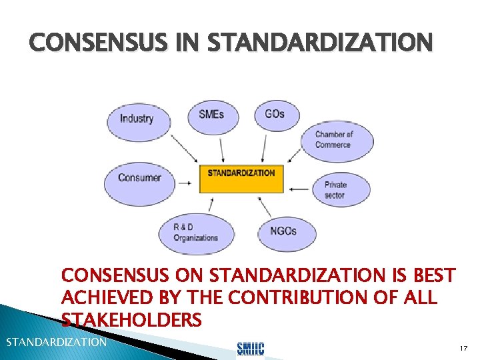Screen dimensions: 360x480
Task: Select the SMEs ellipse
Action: (x=211, y=114)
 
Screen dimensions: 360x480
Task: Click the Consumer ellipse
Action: (x=139, y=178)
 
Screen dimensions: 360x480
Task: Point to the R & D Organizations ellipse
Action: (x=196, y=233)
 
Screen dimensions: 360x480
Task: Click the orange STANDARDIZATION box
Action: (x=241, y=177)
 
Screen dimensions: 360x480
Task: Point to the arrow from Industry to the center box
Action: (x=183, y=149)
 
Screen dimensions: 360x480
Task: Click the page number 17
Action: (x=464, y=348)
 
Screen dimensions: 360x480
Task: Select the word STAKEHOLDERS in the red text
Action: (x=131, y=320)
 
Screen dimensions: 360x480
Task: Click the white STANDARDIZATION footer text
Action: (x=56, y=343)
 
